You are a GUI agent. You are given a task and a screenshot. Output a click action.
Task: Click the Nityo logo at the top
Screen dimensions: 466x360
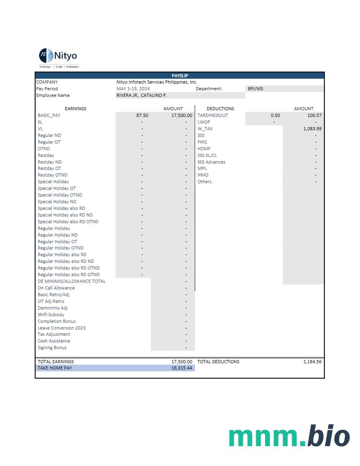(58, 56)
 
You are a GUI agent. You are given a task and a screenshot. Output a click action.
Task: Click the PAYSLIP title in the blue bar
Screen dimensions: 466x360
(180, 76)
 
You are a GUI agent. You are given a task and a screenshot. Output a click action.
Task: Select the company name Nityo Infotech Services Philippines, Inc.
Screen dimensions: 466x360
(156, 82)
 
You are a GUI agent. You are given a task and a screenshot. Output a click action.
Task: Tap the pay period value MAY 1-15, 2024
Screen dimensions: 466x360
(133, 89)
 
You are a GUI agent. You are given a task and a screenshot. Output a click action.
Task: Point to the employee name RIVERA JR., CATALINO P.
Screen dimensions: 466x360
(142, 95)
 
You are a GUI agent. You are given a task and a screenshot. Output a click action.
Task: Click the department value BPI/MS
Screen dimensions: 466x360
(255, 89)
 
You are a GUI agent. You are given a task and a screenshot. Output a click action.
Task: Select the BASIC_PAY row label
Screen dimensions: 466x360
(49, 115)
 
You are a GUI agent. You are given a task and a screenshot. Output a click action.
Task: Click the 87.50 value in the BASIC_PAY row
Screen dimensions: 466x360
(142, 115)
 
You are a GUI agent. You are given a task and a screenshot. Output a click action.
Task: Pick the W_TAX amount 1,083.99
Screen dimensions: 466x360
(312, 129)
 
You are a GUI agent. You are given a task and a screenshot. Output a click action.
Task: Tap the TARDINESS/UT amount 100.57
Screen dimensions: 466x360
(314, 115)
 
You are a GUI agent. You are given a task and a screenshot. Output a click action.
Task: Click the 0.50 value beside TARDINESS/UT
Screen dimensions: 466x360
(275, 115)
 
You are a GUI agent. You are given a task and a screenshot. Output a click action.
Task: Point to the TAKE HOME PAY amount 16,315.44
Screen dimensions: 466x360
(182, 368)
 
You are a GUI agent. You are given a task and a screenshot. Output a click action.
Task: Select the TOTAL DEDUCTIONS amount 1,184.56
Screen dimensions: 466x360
(312, 362)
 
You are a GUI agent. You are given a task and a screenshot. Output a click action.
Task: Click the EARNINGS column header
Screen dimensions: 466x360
(75, 109)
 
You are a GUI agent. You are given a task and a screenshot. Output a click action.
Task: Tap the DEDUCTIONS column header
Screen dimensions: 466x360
(220, 109)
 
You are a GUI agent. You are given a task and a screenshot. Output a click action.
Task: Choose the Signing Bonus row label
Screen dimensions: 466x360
(52, 348)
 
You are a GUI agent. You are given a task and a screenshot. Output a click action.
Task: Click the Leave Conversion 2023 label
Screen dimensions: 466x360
(62, 328)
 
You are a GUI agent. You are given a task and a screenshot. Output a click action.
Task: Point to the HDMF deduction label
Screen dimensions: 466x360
(204, 149)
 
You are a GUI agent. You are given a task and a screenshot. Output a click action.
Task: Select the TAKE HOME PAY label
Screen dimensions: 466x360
(55, 368)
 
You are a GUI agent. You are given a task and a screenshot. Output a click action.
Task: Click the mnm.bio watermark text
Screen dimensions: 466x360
(289, 436)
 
